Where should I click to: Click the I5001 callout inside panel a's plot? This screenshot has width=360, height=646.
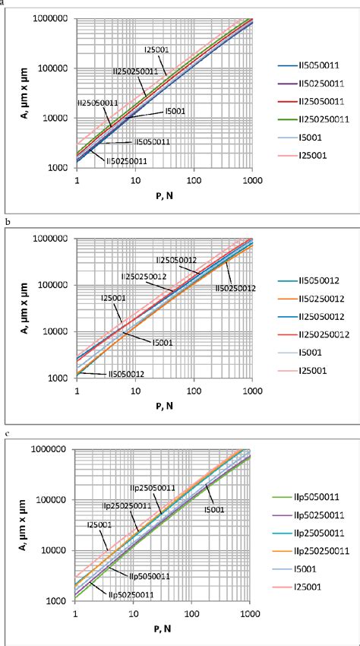(175, 111)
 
